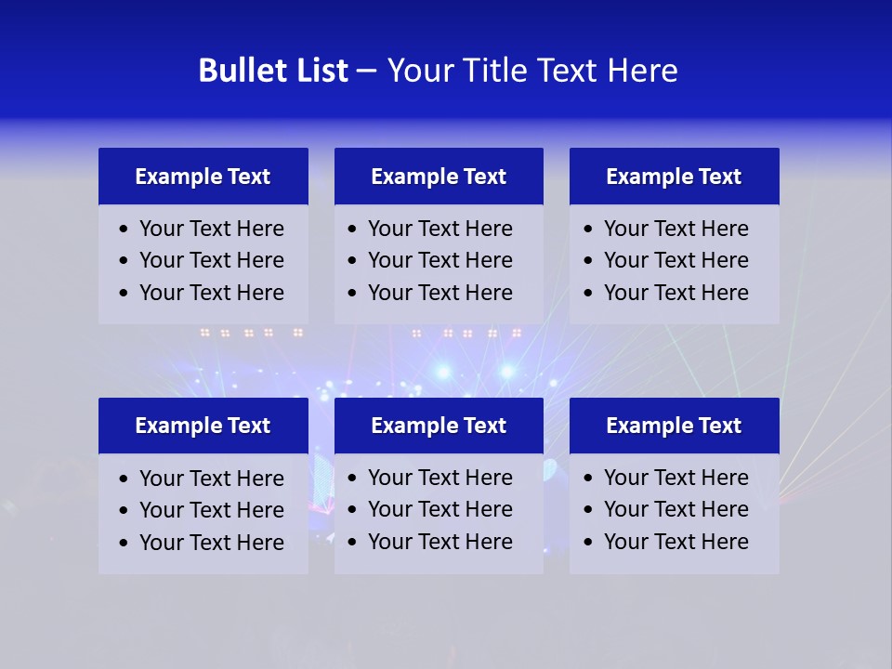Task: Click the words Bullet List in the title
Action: click(x=273, y=71)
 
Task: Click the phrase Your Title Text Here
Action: click(x=532, y=71)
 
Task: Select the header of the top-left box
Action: click(x=203, y=177)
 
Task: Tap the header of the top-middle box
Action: click(x=439, y=177)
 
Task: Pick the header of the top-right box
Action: click(x=674, y=177)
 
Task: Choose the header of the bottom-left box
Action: click(x=203, y=426)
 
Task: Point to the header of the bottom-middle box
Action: click(x=439, y=426)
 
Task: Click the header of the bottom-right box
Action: click(x=674, y=426)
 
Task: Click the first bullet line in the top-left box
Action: click(x=211, y=229)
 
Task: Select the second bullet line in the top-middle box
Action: click(x=439, y=260)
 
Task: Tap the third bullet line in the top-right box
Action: click(x=676, y=293)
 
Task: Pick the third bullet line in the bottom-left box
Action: click(x=211, y=543)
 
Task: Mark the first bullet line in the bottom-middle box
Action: click(x=439, y=478)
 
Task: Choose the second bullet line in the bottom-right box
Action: click(x=676, y=509)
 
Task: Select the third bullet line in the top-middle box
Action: click(x=439, y=293)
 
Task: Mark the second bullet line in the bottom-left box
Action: click(x=211, y=510)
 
